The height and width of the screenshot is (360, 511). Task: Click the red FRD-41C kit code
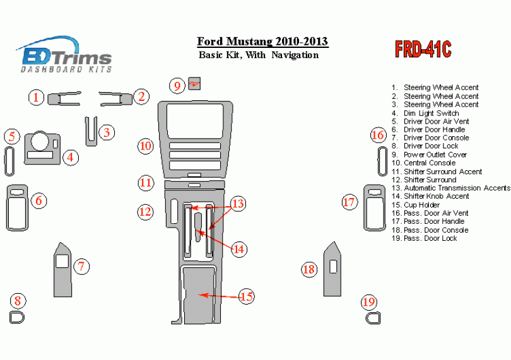tap(423, 49)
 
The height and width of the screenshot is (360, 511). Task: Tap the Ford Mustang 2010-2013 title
tap(262, 42)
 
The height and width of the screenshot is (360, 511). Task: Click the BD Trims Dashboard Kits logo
tap(66, 55)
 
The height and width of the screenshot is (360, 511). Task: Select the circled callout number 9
tap(177, 85)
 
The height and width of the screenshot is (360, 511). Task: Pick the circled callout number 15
tap(246, 296)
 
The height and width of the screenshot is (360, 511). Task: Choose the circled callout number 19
tap(369, 302)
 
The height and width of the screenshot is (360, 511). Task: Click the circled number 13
tap(237, 204)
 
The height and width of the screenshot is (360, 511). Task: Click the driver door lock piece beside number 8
tap(17, 317)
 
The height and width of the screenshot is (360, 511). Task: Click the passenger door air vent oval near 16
tap(382, 161)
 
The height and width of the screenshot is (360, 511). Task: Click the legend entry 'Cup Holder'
tap(421, 205)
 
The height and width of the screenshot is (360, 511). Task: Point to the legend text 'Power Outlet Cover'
tap(435, 154)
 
